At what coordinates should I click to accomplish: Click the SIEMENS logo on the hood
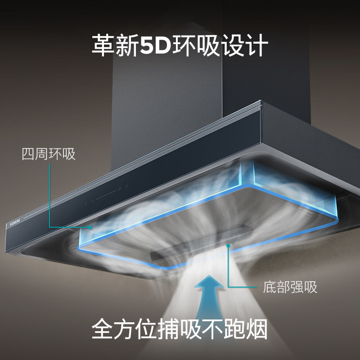tap(15, 222)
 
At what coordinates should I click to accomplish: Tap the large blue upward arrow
tap(209, 298)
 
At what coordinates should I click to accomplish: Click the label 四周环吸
tap(49, 154)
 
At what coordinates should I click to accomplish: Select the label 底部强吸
tap(290, 287)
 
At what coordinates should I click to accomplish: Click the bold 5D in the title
tap(156, 45)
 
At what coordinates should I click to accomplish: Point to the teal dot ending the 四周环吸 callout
tap(90, 227)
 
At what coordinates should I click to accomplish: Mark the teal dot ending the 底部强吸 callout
tap(228, 246)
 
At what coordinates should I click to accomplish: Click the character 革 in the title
tap(103, 45)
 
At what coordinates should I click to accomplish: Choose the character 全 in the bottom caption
tap(103, 329)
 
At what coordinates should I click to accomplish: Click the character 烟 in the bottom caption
tap(256, 329)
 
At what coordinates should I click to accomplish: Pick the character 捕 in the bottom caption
tap(169, 329)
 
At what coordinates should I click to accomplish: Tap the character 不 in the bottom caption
tap(212, 329)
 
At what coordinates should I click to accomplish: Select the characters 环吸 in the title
tap(196, 45)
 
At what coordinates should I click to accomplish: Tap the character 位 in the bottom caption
tap(147, 329)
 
